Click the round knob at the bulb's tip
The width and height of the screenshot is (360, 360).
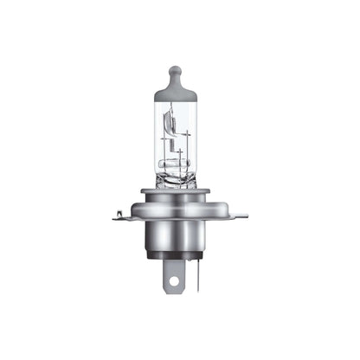coord(176,70)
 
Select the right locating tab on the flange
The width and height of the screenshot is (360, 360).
coord(237,215)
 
